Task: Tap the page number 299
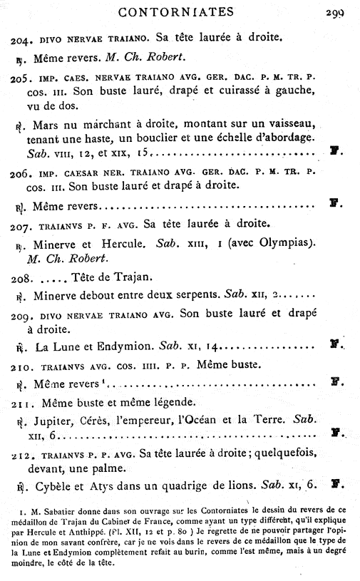334,11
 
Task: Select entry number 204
20,36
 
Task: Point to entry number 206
20,173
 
